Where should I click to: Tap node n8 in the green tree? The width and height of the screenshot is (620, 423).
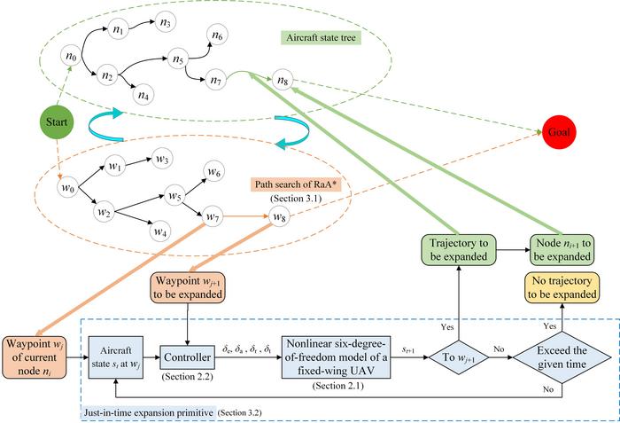click(x=282, y=82)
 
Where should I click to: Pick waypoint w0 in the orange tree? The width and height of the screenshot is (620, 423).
click(x=67, y=188)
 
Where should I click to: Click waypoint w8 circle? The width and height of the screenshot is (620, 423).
click(x=280, y=216)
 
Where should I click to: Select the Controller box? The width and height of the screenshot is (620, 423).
click(x=187, y=357)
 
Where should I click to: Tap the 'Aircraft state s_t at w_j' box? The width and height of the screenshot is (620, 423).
click(x=117, y=357)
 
